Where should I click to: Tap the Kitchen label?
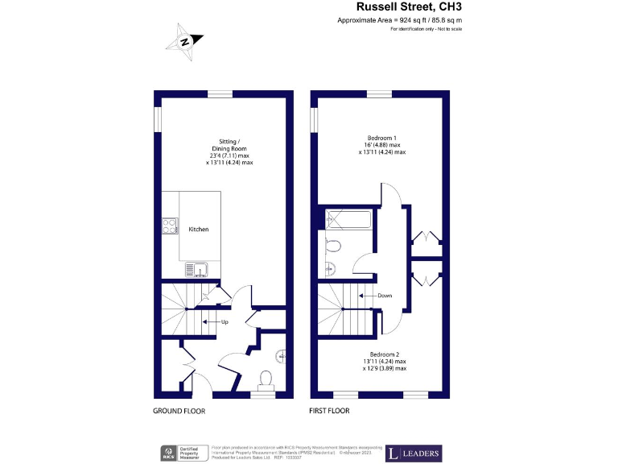coord(198,230)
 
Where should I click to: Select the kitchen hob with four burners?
coord(170,226)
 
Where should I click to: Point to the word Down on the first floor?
coord(385,296)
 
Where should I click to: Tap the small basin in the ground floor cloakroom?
coord(281,355)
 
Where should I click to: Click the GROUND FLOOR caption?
coord(179,411)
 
